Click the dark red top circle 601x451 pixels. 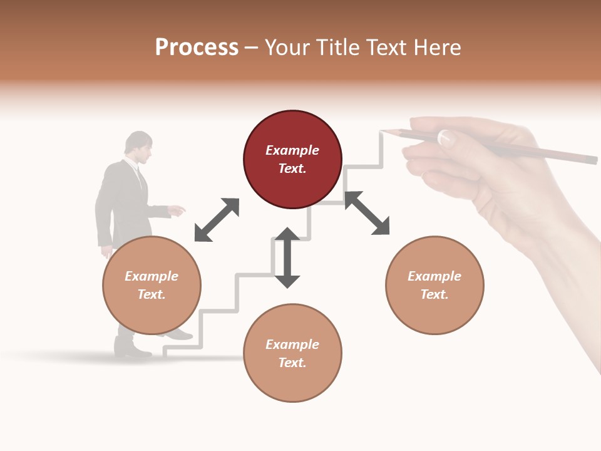pos(292,160)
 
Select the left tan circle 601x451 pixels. pos(152,285)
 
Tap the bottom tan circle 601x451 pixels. pos(292,353)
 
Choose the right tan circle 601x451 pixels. pos(434,285)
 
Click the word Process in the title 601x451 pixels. pos(197,48)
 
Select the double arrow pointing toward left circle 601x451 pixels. pos(217,220)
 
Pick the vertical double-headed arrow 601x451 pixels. pos(287,257)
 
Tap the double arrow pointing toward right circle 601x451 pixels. pos(367,213)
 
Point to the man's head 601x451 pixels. pos(138,147)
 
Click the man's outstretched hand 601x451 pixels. pos(178,210)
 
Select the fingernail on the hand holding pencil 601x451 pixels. pos(446,137)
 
